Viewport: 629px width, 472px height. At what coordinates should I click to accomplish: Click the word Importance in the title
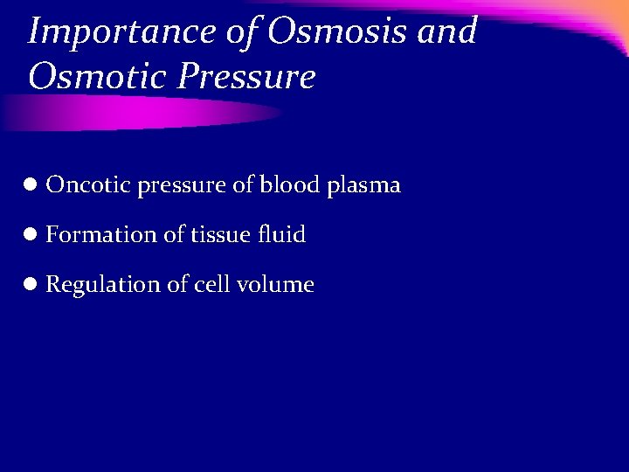(x=121, y=32)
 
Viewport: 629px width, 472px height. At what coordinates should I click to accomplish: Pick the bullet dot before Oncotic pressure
(x=30, y=185)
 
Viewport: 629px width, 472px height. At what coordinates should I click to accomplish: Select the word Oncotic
(x=87, y=185)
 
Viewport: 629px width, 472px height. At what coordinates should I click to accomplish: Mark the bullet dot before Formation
(x=30, y=234)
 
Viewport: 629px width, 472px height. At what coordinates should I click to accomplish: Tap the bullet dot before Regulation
(x=30, y=284)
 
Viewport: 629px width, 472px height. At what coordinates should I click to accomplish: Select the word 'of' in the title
(x=238, y=31)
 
